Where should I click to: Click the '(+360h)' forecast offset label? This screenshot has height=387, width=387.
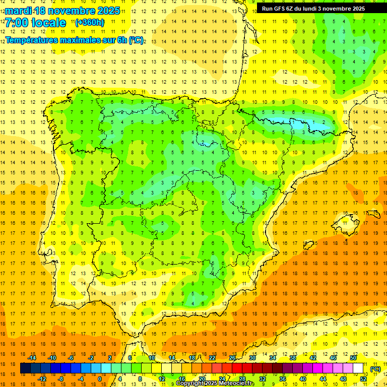[x=90, y=23]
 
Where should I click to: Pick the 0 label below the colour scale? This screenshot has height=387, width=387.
[x=100, y=379]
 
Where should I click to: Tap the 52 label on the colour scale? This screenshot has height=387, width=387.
[x=363, y=379]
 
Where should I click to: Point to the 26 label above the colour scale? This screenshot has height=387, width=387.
[x=232, y=358]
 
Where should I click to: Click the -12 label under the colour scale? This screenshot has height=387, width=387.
[x=42, y=379]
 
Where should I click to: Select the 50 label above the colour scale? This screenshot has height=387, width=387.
[x=353, y=358]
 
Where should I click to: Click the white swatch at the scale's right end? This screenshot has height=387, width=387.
[x=358, y=368]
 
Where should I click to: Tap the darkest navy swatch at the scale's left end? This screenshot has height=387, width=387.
[x=25, y=368]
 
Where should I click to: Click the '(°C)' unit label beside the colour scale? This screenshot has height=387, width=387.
[x=375, y=369]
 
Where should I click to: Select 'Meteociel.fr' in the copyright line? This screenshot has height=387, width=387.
[x=237, y=383]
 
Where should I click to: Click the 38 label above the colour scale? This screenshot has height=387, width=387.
[x=293, y=358]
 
